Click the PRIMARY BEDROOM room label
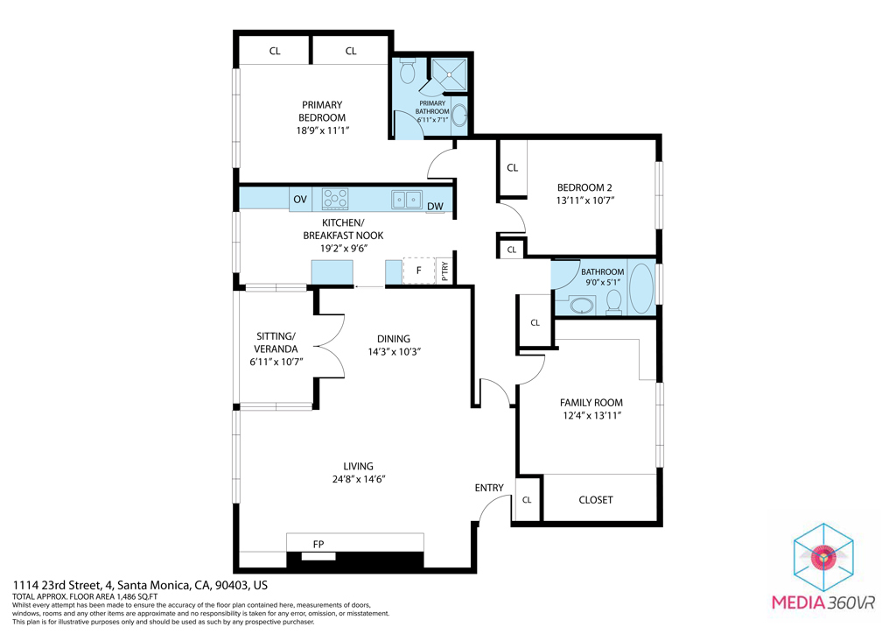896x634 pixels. pos(322,111)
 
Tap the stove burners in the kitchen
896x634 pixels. pos(335,200)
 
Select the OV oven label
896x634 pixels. pos(300,200)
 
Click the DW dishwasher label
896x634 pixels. pos(435,207)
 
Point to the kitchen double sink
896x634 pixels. pos(407,200)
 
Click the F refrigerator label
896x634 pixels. pos(418,271)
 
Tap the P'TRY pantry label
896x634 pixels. pos(444,271)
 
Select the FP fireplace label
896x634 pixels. pos(318,545)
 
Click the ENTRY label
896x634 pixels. pos(489,488)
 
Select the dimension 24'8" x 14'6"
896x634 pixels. pos(358,479)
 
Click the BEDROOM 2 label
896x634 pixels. pos(584,187)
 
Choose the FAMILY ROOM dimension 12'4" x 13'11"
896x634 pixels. pos(591,416)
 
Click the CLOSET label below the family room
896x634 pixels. pos(596,500)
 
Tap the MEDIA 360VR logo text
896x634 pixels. pos(822,602)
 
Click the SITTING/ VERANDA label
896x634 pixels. pos(276,342)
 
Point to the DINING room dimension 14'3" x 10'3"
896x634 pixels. pos(393,352)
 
